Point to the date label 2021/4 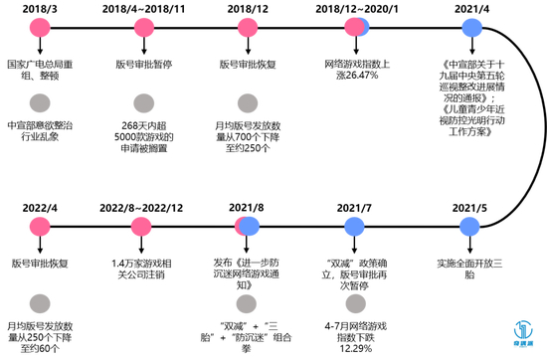point(468,8)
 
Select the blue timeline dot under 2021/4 point(468,33)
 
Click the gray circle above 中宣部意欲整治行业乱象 point(41,101)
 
